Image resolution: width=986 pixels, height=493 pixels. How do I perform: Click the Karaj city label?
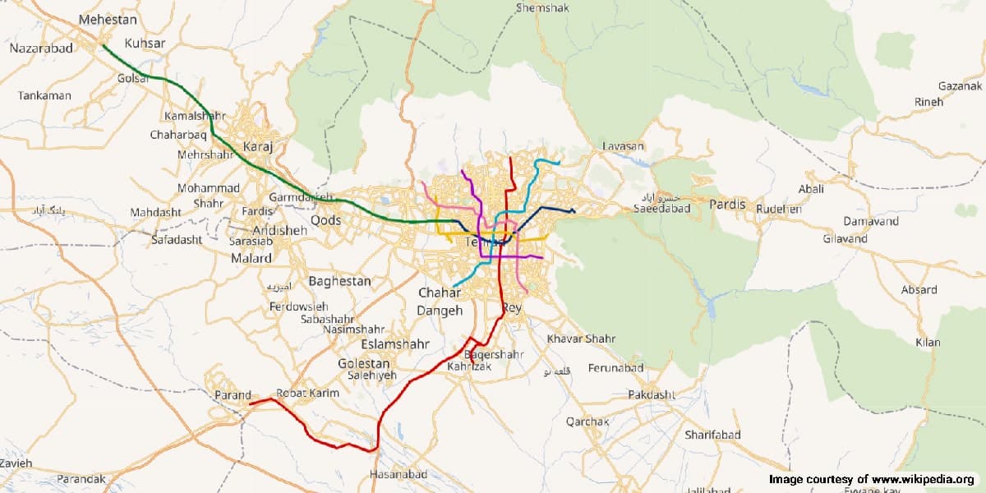257,148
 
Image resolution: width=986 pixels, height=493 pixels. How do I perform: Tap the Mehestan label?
108,18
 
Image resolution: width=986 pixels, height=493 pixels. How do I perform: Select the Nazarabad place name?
41,48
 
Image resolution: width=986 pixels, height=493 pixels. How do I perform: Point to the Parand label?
233,395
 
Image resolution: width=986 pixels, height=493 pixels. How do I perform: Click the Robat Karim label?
308,393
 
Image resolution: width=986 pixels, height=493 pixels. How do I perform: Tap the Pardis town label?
727,204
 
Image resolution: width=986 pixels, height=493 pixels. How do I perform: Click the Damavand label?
871,222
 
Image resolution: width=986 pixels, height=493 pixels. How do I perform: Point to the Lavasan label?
623,146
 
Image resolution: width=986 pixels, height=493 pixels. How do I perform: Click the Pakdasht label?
651,395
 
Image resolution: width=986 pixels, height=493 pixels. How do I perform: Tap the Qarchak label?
587,422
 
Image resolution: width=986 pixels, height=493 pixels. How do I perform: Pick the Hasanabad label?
399,475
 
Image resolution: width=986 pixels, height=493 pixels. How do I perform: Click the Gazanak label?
961,85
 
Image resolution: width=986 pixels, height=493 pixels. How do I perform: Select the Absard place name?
919,290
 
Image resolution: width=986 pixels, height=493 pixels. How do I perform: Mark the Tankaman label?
44,96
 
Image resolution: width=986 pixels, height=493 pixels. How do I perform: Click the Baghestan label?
339,281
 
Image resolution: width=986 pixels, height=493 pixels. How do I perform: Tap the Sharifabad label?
712,435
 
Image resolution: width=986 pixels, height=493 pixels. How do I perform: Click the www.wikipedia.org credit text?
923,479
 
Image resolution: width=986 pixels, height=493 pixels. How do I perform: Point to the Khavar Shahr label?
582,339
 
